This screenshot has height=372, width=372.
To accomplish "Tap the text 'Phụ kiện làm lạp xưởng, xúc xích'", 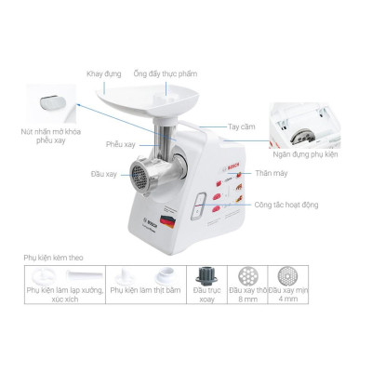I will point(63,297).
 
